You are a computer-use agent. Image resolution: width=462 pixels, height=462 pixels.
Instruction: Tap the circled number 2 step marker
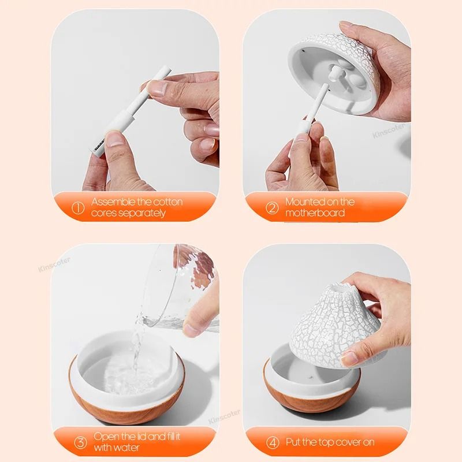(x=272, y=208)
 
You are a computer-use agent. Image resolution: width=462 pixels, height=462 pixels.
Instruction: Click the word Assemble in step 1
(x=114, y=202)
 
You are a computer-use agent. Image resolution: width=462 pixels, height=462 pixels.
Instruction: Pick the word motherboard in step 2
(x=315, y=213)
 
